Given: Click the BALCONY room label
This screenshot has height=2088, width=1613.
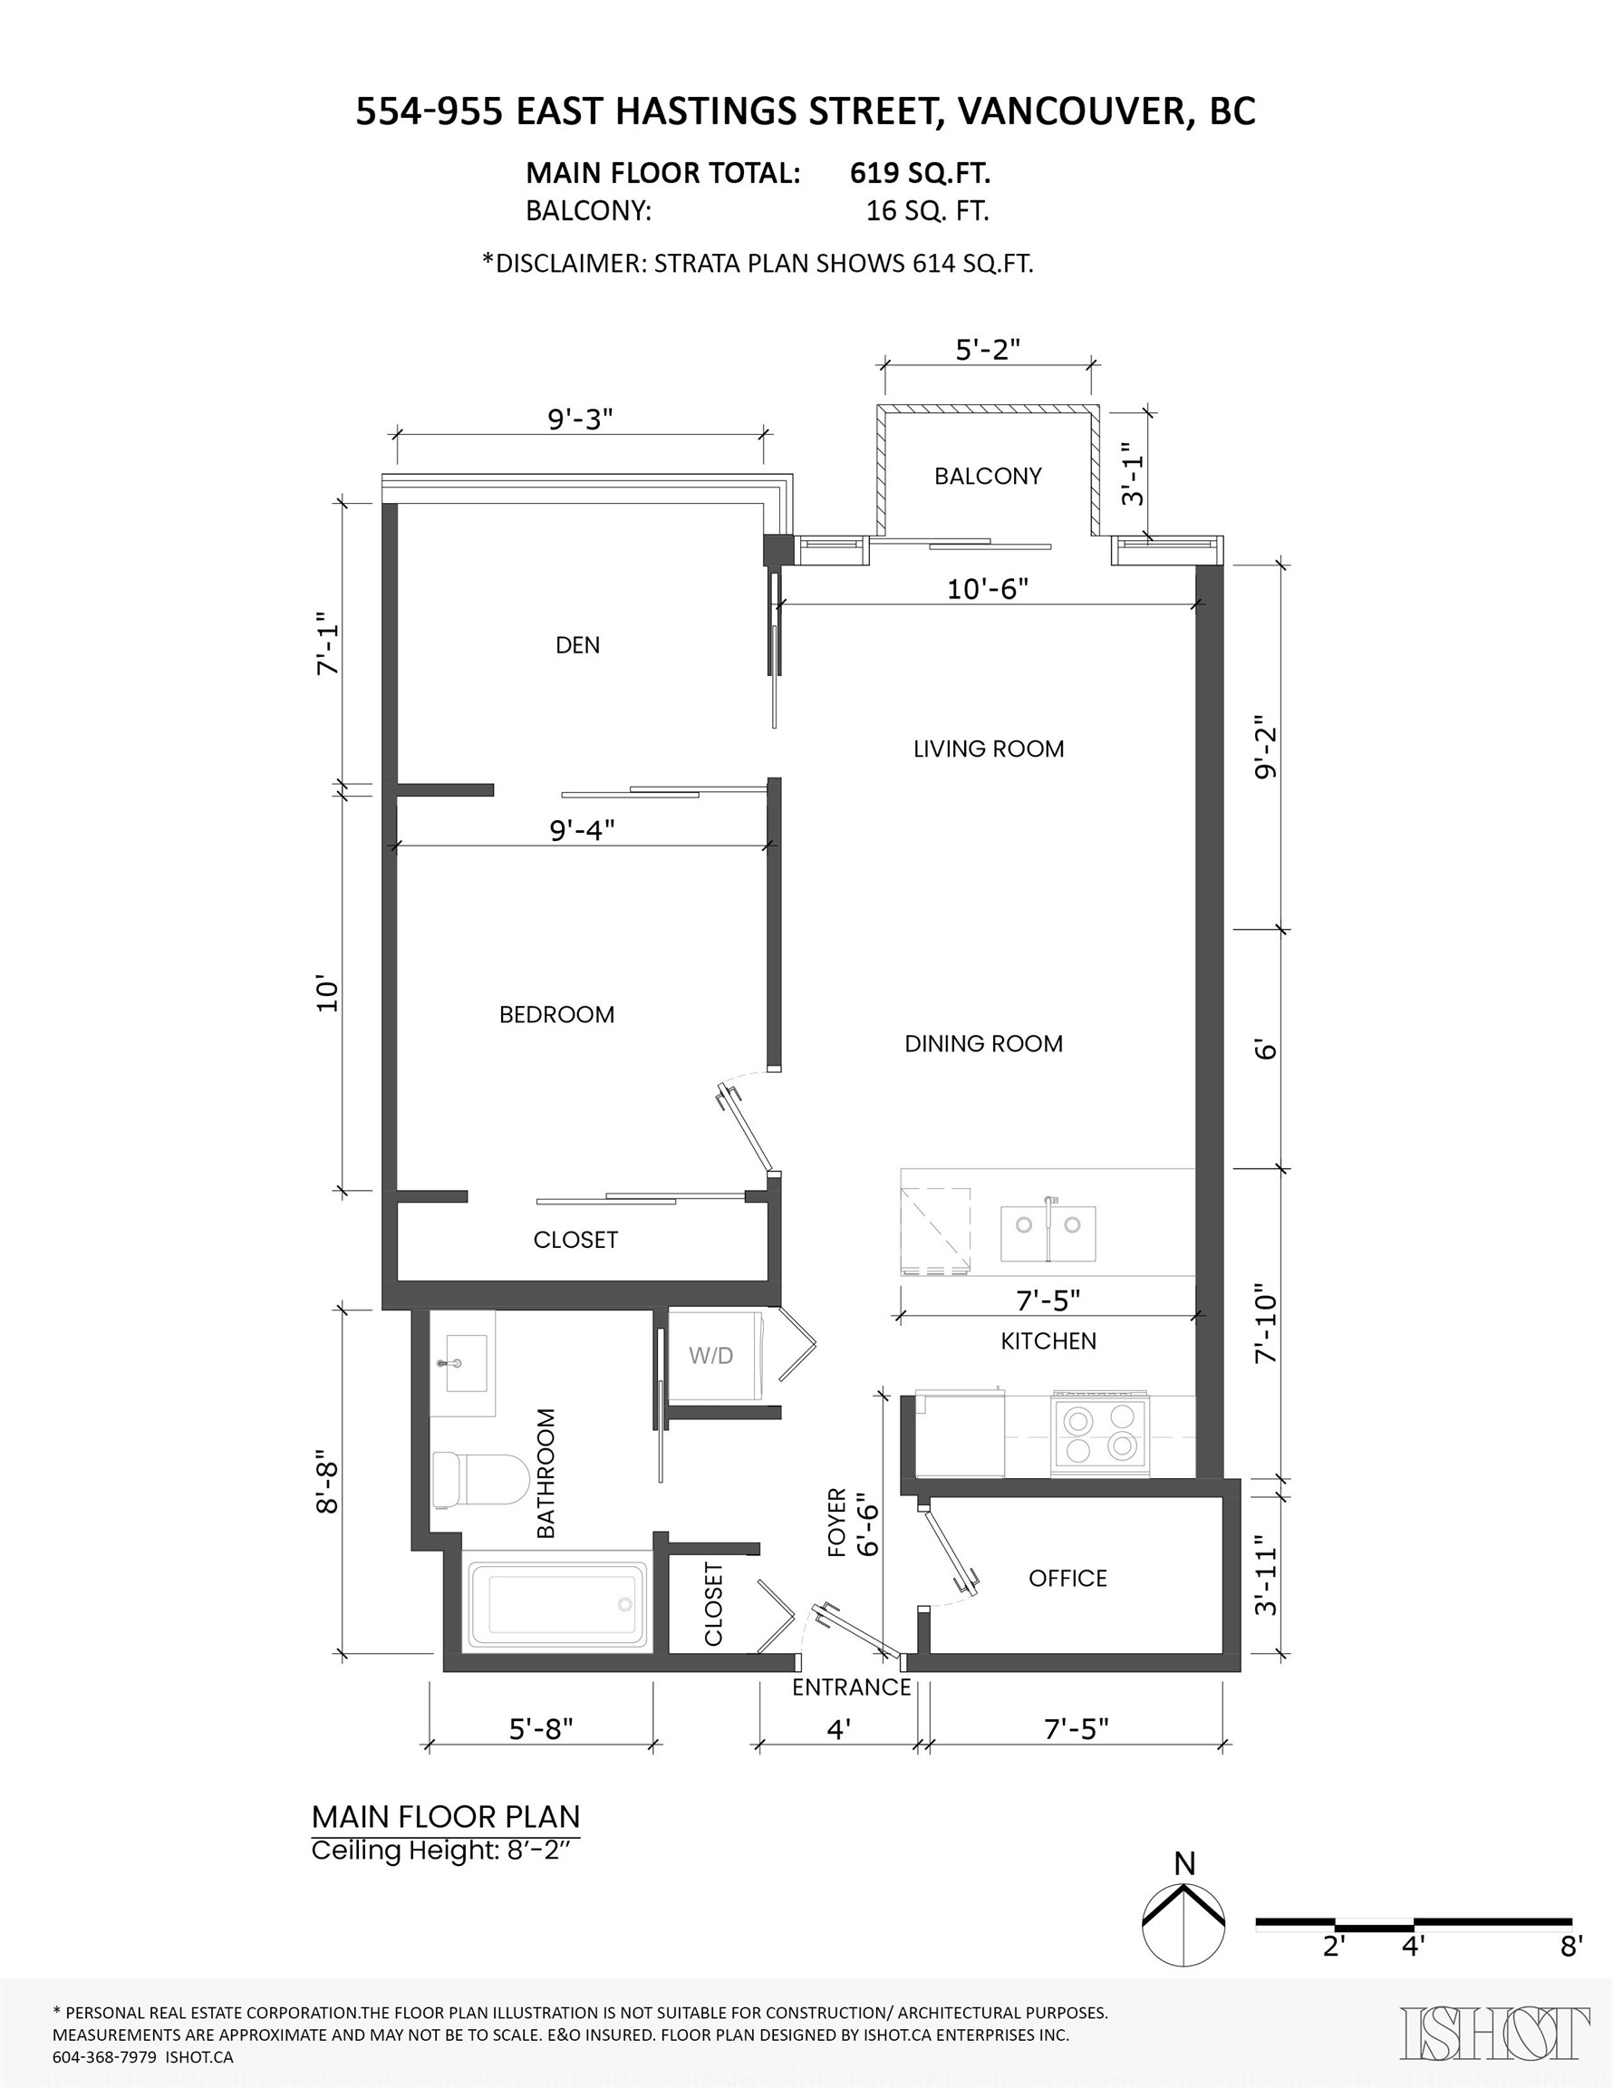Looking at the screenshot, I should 988,476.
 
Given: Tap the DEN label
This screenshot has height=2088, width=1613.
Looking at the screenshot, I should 577,645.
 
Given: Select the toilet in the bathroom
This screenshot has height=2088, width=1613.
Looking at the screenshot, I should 480,1480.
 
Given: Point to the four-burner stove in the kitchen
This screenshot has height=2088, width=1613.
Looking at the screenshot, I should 1098,1433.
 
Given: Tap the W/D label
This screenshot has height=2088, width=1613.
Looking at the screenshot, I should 710,1356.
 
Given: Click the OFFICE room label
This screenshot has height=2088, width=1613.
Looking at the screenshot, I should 1067,1579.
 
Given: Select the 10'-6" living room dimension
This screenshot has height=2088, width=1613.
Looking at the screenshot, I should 987,589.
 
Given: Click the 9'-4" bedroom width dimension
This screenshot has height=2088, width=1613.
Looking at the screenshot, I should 582,830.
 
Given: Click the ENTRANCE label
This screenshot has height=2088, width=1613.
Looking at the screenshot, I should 851,1687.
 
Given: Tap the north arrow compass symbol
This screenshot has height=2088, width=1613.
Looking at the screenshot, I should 1183,1925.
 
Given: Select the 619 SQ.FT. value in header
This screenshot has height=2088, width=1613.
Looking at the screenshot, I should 920,173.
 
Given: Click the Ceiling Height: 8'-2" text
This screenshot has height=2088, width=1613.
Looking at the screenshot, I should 446,1851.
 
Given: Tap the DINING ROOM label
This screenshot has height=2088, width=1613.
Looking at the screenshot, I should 983,1044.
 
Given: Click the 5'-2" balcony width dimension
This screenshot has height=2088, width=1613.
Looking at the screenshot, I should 988,350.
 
